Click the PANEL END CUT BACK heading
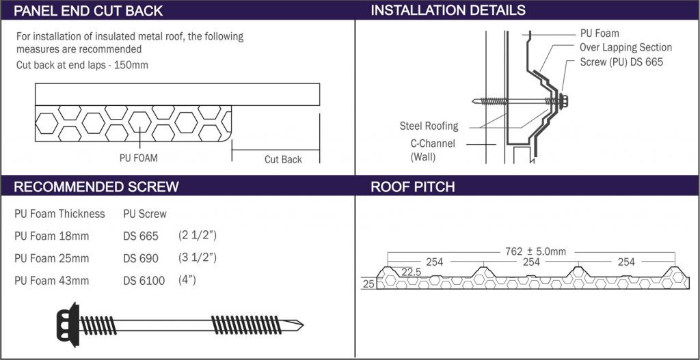88,10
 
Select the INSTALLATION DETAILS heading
448,10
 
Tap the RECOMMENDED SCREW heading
96,187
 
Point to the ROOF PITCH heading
412,187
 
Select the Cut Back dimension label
283,159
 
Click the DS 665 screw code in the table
141,236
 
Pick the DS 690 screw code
141,258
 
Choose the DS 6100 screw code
144,280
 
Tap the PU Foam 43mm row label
52,280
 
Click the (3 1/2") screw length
198,258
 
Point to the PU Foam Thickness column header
59,214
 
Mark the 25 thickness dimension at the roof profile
368,284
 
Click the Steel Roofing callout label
429,126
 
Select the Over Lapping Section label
625,47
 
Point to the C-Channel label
433,143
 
